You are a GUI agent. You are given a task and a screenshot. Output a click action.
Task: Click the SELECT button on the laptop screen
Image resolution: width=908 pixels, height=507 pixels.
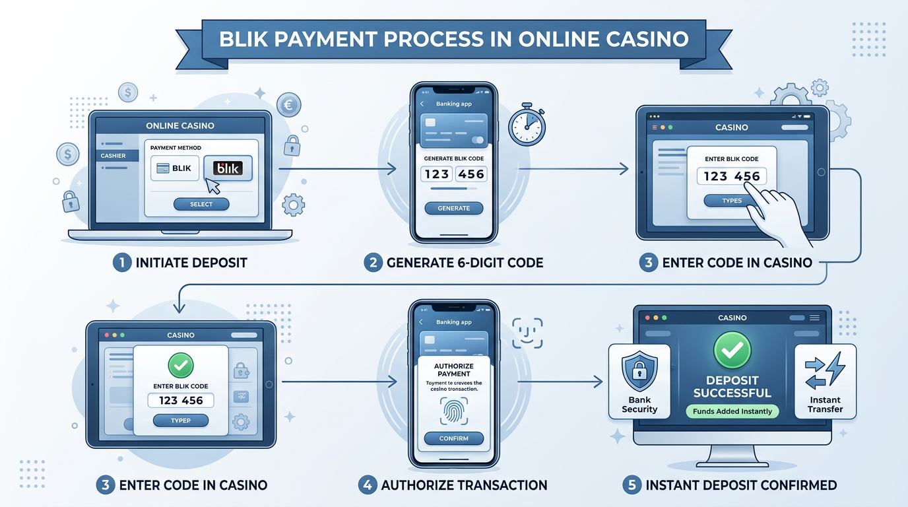[x=201, y=205]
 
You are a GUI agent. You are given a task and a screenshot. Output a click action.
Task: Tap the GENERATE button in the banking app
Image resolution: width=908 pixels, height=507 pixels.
[x=453, y=208]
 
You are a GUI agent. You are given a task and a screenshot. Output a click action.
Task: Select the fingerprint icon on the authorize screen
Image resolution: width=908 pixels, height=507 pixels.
[x=453, y=413]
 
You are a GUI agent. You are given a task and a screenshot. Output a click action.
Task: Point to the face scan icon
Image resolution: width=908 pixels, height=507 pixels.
[x=527, y=333]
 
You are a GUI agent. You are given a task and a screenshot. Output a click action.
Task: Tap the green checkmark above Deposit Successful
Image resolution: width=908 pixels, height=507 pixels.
[x=732, y=350]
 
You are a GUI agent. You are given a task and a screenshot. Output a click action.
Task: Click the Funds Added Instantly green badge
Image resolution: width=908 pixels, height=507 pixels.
[x=732, y=411]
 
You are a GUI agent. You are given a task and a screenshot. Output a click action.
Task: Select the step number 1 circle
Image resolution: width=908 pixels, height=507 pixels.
[x=122, y=262]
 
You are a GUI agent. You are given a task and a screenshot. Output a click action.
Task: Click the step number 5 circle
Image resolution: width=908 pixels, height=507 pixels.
[x=632, y=485]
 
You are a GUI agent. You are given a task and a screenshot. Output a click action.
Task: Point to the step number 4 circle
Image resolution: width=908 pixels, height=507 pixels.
[x=368, y=485]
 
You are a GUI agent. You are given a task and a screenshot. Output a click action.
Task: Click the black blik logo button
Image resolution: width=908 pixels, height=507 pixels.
[x=223, y=168]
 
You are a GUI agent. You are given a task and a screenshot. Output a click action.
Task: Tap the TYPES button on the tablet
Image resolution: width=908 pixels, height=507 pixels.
[x=732, y=201]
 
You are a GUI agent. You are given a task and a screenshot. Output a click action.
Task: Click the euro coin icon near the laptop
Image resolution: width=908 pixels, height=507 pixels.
[x=288, y=104]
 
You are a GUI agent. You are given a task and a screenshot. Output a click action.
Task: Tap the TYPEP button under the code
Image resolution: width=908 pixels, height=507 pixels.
[x=180, y=421]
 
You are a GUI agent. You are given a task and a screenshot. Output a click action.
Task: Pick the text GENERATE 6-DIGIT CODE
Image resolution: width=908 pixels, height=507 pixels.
[x=465, y=262]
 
